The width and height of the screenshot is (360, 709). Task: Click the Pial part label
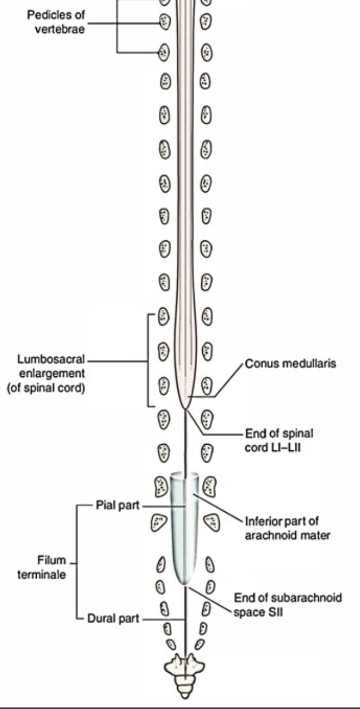pyautogui.click(x=114, y=506)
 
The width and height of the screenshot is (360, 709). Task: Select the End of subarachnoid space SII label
pyautogui.click(x=288, y=605)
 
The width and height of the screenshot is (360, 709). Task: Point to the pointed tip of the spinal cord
pyautogui.click(x=185, y=409)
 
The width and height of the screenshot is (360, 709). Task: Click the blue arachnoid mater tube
pyautogui.click(x=184, y=530)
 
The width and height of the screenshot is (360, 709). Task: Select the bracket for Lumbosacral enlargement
pyautogui.click(x=149, y=360)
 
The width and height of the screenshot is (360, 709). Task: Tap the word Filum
pyautogui.click(x=51, y=560)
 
